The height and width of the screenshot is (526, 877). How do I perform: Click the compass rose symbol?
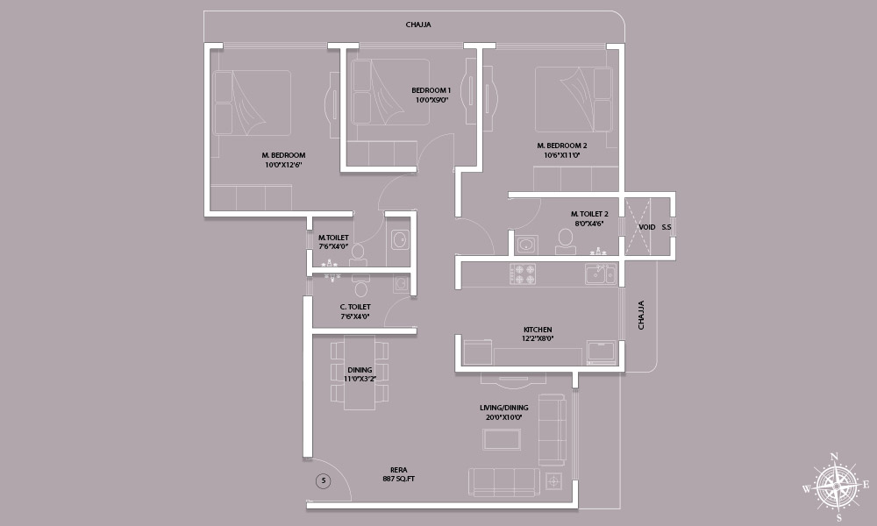[836, 486]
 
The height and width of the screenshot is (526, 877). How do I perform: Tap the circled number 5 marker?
[323, 480]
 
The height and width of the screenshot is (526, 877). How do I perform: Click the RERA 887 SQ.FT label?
[399, 474]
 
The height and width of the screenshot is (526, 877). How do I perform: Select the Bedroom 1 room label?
[431, 95]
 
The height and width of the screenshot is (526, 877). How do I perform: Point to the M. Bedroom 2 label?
[562, 151]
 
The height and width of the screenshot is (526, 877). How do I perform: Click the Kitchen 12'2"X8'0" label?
[538, 334]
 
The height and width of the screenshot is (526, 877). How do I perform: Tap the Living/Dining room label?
[504, 413]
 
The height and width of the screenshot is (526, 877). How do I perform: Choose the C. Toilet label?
[355, 312]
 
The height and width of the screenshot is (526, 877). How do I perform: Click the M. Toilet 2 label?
[589, 218]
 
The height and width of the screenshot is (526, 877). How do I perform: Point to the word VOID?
[647, 228]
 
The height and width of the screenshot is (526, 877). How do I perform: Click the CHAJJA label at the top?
[418, 25]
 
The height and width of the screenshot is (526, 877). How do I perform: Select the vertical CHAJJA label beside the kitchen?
[641, 315]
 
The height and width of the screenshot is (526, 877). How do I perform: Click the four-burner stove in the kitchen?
[523, 274]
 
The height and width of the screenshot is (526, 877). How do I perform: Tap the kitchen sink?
[600, 274]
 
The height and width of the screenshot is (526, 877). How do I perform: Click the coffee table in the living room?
[502, 439]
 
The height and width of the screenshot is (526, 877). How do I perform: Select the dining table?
[360, 373]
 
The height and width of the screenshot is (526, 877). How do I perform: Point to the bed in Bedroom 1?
[390, 92]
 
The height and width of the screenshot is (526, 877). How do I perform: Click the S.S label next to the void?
[667, 228]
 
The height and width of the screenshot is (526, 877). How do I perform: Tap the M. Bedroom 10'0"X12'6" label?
[283, 160]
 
